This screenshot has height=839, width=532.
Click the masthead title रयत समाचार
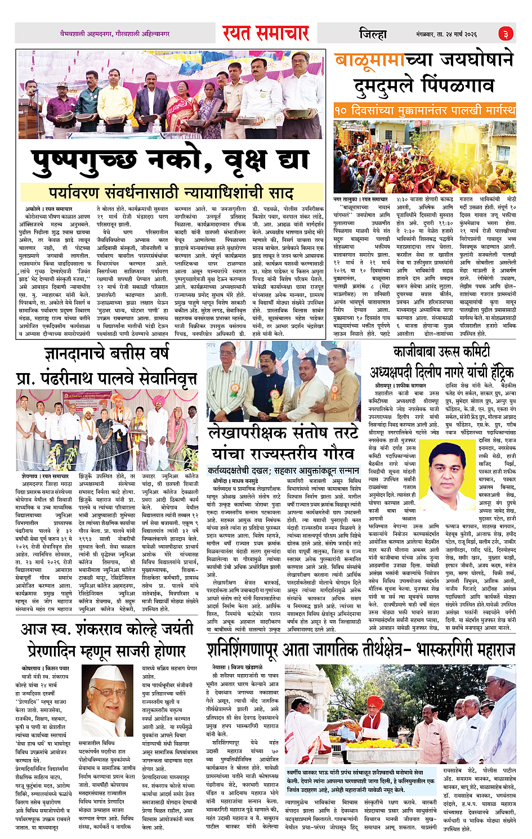pyautogui.click(x=266, y=34)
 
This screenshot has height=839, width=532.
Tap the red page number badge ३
pyautogui.click(x=506, y=34)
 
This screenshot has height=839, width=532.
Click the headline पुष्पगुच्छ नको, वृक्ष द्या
pyautogui.click(x=172, y=161)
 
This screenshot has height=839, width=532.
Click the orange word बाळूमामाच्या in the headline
pyautogui.click(x=383, y=60)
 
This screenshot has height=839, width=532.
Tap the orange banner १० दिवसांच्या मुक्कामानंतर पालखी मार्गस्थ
pyautogui.click(x=424, y=109)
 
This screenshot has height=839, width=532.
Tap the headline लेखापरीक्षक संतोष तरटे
pyautogui.click(x=283, y=433)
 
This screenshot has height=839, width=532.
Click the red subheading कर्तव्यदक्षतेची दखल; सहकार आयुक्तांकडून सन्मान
pyautogui.click(x=283, y=470)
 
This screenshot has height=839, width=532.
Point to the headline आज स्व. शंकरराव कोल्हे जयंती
pyautogui.click(x=107, y=629)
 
